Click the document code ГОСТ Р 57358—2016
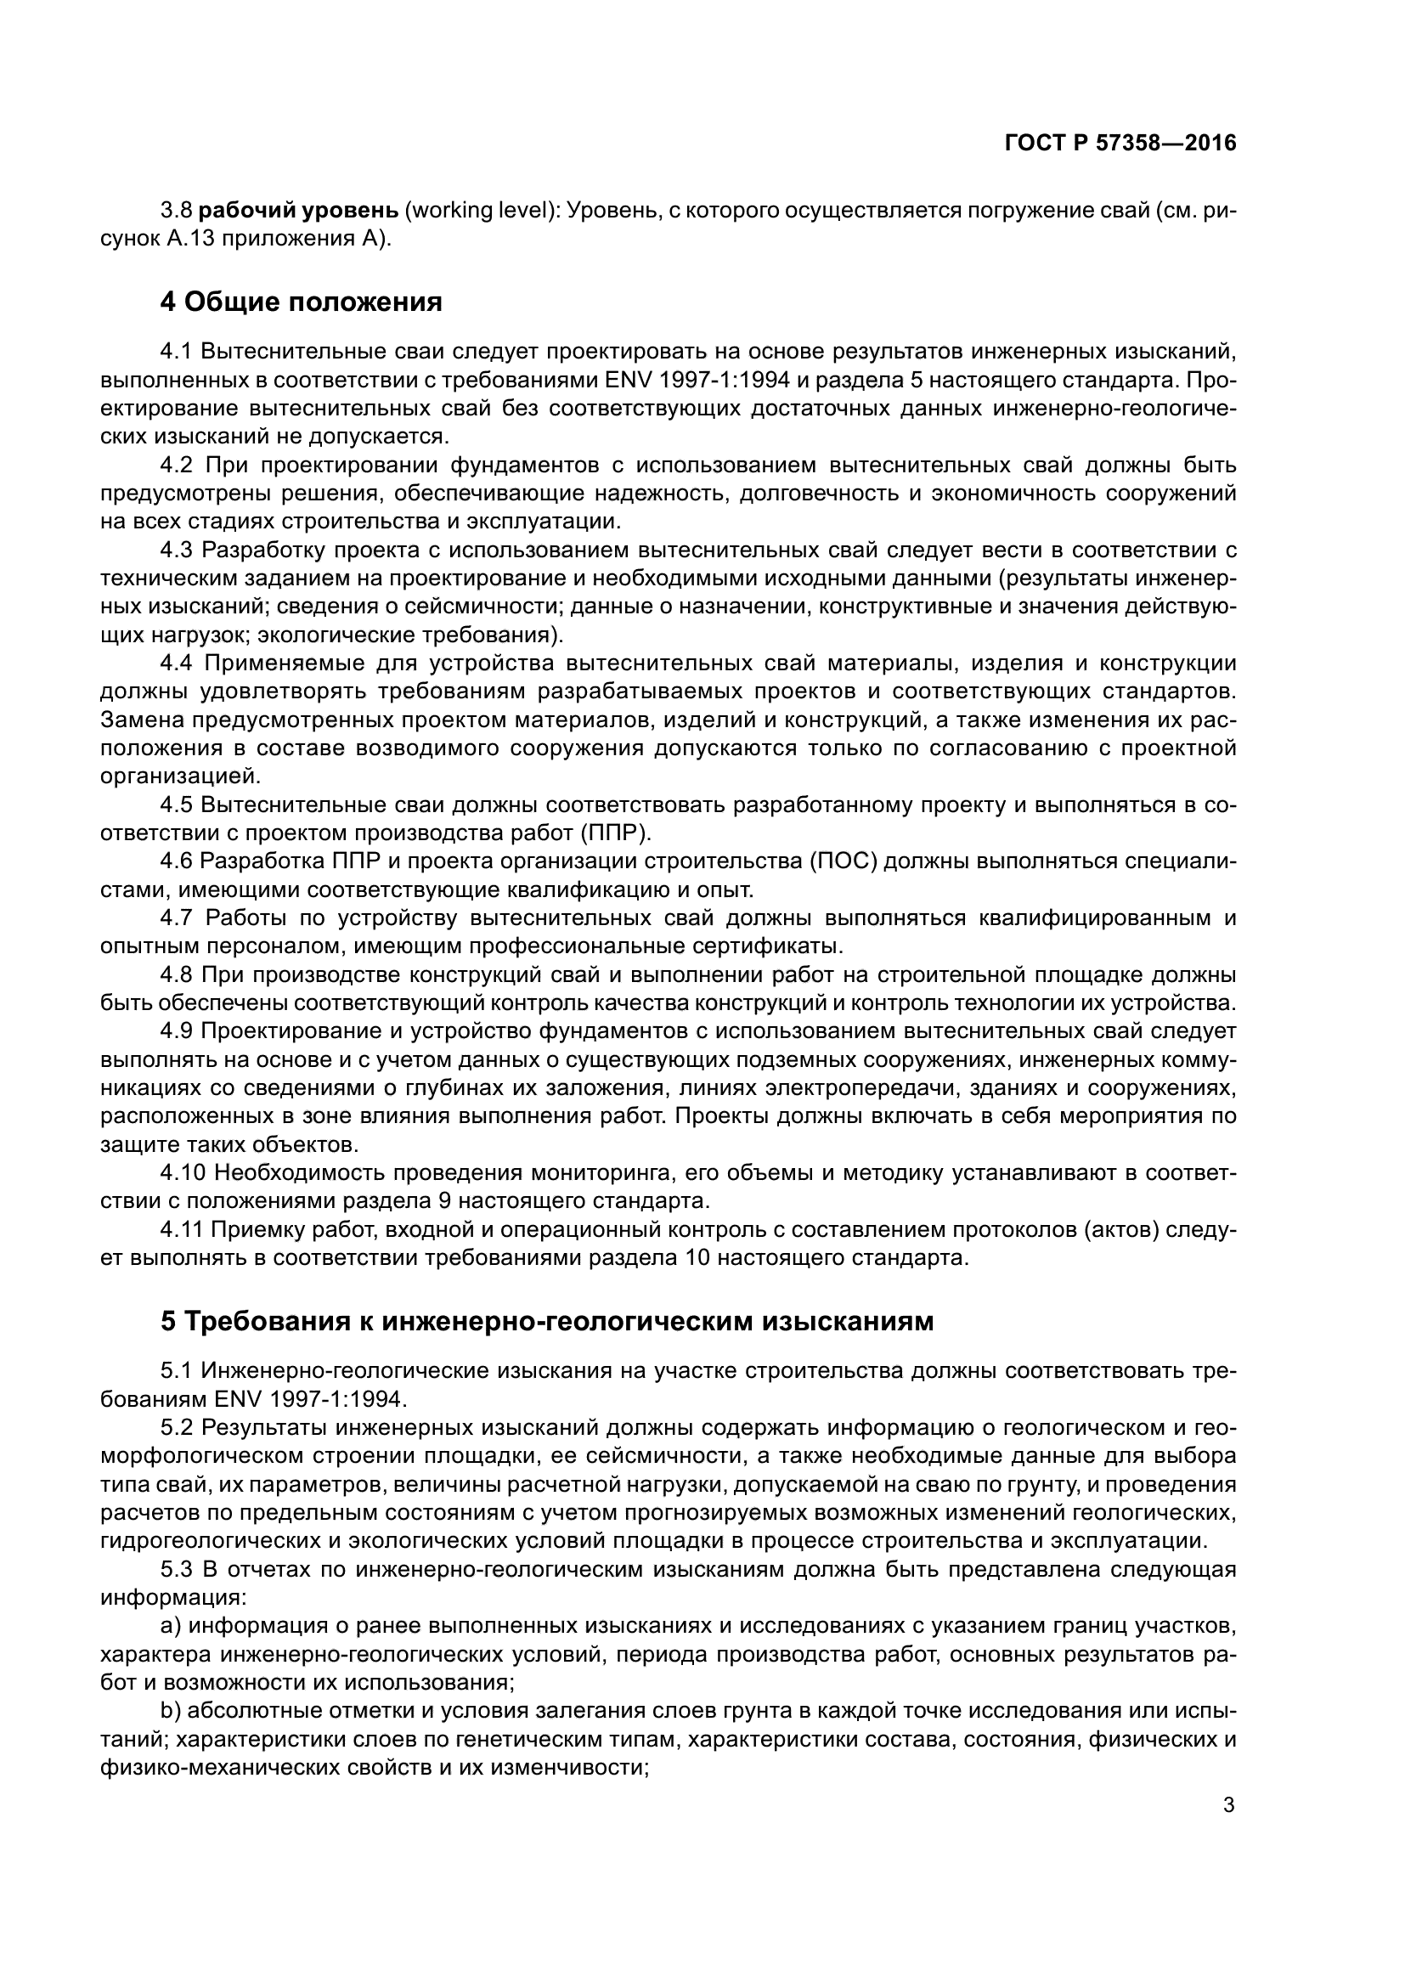(x=1120, y=144)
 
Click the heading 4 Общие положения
(x=301, y=302)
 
